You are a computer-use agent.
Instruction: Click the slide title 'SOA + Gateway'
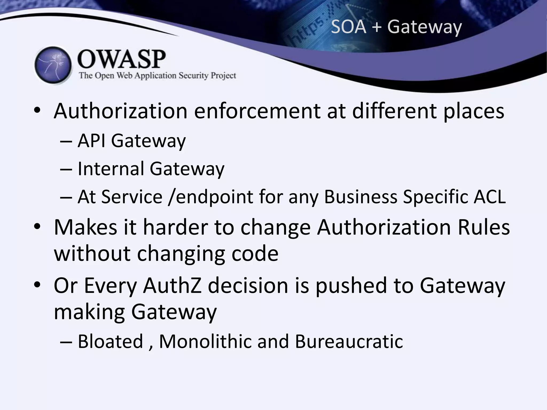click(x=396, y=27)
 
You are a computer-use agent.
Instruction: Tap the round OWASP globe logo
click(x=53, y=65)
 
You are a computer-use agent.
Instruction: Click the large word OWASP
click(x=122, y=59)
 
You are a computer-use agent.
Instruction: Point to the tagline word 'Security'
click(x=193, y=76)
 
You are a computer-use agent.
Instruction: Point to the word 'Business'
click(x=361, y=197)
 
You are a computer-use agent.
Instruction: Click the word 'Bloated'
click(x=110, y=341)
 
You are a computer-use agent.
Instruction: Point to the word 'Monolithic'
click(x=205, y=341)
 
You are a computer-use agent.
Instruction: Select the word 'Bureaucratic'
click(x=349, y=341)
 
